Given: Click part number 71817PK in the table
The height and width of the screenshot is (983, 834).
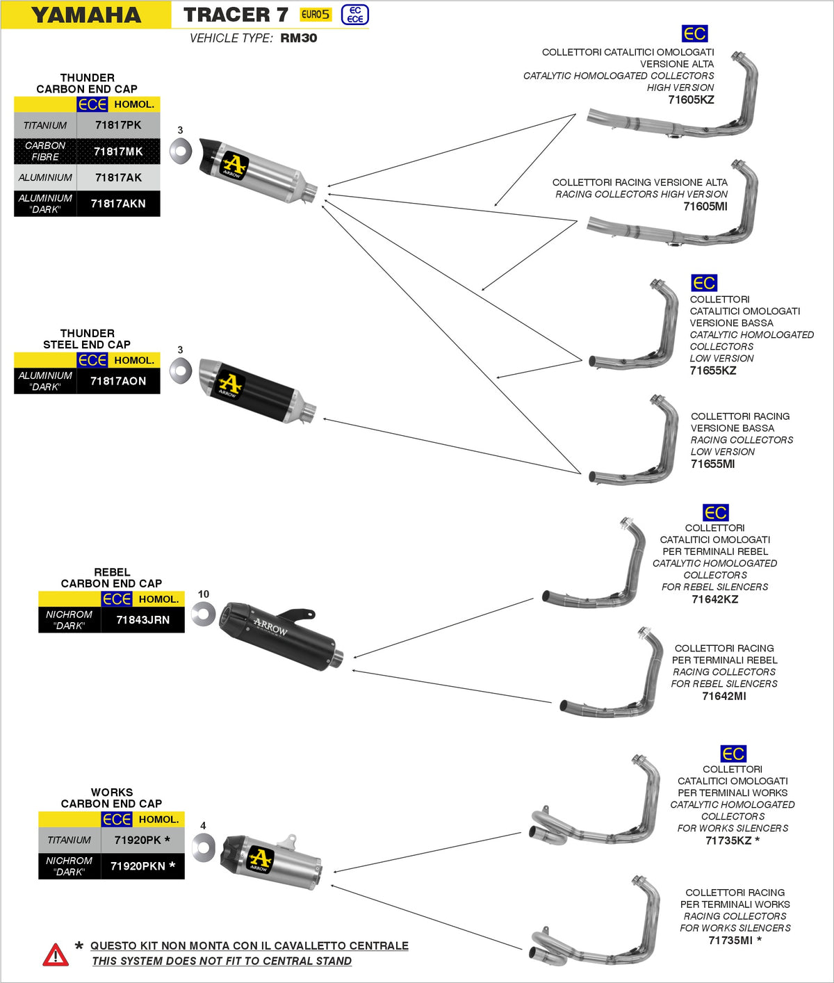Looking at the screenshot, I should (118, 125).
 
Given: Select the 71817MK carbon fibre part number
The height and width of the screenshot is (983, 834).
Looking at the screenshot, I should (118, 152).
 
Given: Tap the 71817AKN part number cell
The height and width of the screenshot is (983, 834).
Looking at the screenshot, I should (118, 204).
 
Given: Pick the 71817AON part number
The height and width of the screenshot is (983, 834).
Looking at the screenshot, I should (118, 381).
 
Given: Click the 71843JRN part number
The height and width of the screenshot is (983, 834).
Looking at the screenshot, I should (142, 620).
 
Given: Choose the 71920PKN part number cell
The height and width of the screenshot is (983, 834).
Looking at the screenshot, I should (142, 866).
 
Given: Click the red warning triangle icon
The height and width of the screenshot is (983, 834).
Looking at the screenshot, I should (56, 955).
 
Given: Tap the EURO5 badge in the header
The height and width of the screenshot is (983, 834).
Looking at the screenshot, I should (316, 15).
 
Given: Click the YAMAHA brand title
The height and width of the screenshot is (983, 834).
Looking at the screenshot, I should (86, 15).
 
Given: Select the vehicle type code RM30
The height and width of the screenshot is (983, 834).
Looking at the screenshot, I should (299, 38).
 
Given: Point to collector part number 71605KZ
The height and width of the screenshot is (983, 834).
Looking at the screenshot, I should (691, 99).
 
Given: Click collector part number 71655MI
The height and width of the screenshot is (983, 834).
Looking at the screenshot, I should (712, 464).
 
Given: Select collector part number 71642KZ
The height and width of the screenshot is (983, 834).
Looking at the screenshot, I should (714, 599).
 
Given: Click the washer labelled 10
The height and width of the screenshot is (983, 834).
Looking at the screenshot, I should (203, 614).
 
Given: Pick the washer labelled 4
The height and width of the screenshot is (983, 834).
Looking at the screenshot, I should (203, 846).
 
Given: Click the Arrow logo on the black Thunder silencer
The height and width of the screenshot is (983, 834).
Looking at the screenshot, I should (230, 384).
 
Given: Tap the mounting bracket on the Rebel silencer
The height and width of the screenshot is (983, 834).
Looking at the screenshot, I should (298, 615).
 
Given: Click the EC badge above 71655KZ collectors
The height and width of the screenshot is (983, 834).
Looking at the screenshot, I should (704, 283).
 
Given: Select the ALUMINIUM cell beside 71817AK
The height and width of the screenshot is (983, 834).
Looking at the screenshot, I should (45, 178).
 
